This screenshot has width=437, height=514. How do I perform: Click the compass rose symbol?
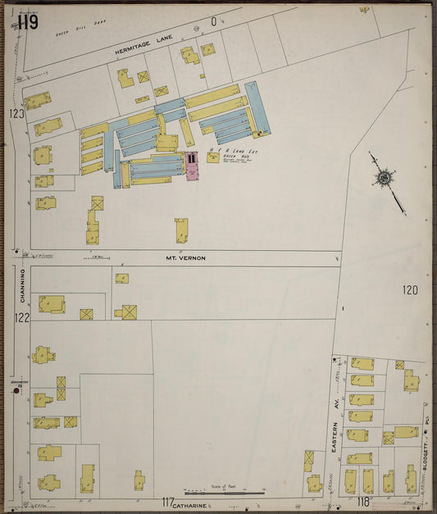[384, 177]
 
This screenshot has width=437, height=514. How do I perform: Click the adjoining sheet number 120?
[410, 289]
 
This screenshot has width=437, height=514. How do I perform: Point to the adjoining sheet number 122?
[21, 317]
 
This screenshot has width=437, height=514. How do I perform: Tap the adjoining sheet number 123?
[17, 114]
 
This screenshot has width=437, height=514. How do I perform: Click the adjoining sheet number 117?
[168, 502]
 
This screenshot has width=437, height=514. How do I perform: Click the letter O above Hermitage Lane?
[214, 22]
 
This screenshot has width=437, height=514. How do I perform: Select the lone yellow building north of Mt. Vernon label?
[181, 230]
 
